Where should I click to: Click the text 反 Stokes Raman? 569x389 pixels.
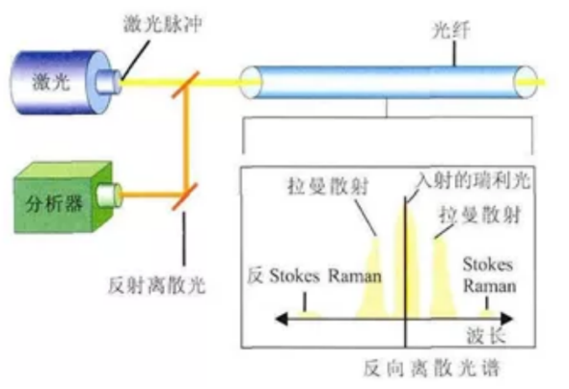pyautogui.click(x=313, y=275)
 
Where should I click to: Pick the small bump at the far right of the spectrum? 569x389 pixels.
pyautogui.click(x=489, y=312)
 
